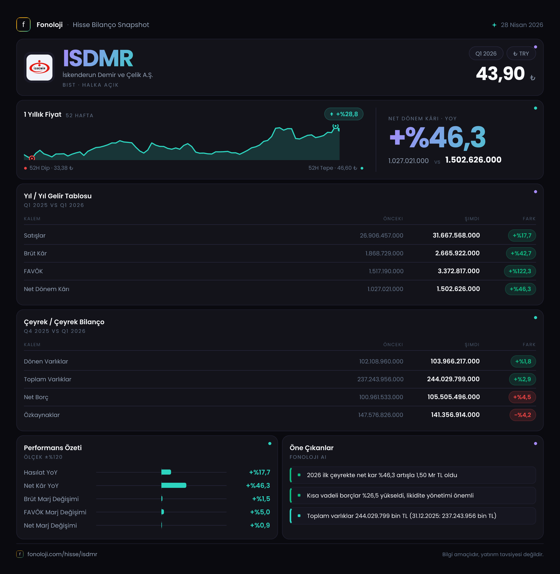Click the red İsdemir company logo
(39, 68)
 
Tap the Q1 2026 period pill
(486, 54)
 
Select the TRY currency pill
(521, 54)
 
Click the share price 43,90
(500, 74)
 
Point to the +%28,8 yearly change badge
(344, 114)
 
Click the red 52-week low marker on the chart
(32, 158)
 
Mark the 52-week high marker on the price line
(335, 126)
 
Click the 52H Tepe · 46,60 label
(333, 168)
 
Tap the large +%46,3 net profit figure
(437, 137)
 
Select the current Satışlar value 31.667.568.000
(456, 235)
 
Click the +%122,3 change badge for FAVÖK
(520, 271)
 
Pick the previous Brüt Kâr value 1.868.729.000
(384, 253)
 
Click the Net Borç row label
(36, 397)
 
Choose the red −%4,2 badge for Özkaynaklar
(523, 415)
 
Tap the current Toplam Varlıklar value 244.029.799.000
(453, 379)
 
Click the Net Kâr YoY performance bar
(174, 485)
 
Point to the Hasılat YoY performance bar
(166, 472)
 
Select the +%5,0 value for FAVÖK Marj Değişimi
(260, 512)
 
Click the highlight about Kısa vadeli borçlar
(390, 495)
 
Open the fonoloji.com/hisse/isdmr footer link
(62, 554)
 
